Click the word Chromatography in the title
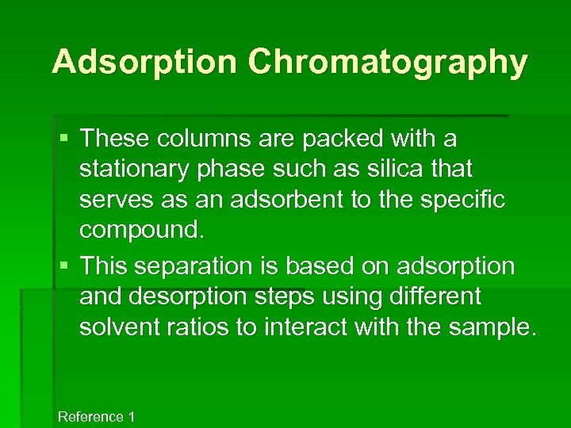[x=387, y=62]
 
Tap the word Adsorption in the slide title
[x=143, y=62]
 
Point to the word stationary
[x=135, y=169]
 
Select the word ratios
[x=200, y=327]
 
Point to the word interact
[x=305, y=327]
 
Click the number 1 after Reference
[x=132, y=417]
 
